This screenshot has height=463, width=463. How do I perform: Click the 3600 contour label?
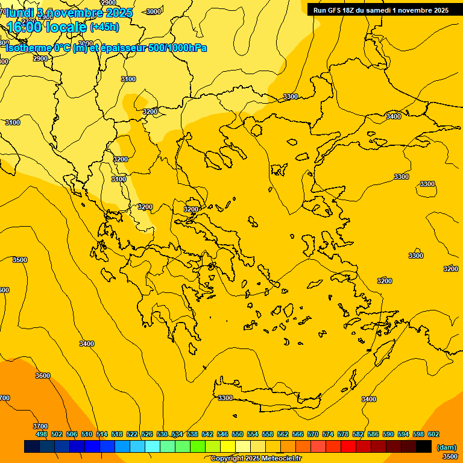tap(43, 376)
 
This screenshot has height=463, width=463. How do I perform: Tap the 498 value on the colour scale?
tap(42, 434)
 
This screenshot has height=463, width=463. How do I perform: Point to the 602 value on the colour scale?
tap(433, 434)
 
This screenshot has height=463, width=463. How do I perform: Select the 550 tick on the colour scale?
tap(238, 434)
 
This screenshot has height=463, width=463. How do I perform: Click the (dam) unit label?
tap(447, 447)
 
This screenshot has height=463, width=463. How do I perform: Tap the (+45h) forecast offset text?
tap(104, 27)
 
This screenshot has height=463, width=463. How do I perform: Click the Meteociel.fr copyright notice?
tap(256, 459)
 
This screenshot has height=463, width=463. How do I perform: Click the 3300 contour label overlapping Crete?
tap(225, 398)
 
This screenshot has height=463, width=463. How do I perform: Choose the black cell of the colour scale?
tap(424, 447)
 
